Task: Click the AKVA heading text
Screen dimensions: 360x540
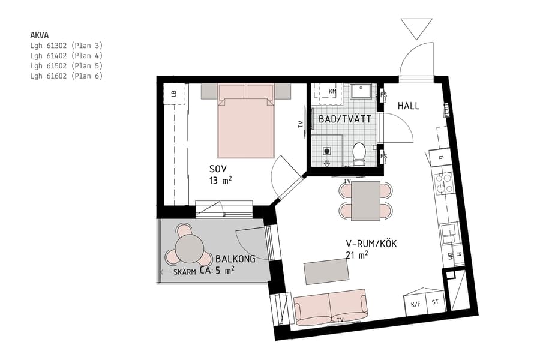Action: point(39,35)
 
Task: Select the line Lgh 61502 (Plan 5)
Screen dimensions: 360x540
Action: point(67,65)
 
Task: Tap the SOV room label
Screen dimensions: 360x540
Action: point(218,169)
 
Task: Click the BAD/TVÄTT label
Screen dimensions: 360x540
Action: point(340,119)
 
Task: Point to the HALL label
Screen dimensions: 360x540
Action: point(409,106)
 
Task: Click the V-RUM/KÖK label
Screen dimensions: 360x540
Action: point(371,244)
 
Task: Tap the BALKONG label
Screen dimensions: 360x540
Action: point(235,259)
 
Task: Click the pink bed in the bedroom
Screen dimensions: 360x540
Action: point(246,123)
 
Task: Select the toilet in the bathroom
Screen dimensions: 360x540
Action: point(359,152)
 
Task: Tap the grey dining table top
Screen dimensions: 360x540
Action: point(365,200)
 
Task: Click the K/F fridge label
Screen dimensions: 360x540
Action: point(415,304)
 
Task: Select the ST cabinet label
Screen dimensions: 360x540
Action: point(436,302)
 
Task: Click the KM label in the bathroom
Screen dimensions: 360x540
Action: point(332,91)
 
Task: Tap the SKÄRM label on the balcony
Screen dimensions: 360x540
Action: point(185,272)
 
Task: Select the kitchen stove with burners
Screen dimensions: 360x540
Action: point(445,182)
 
